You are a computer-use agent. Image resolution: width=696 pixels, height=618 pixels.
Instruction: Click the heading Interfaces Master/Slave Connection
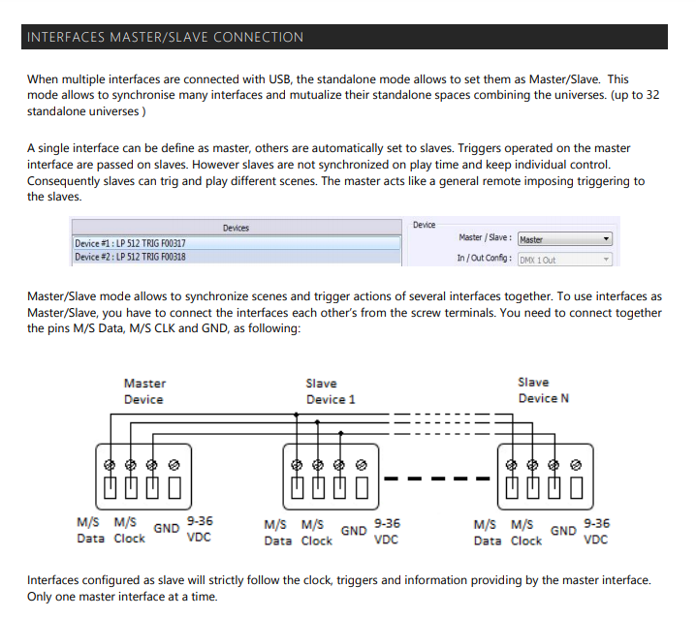pos(165,37)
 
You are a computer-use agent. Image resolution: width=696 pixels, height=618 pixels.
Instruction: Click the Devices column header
pos(236,229)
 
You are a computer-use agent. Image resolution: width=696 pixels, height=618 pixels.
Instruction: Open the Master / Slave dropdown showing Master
pos(565,239)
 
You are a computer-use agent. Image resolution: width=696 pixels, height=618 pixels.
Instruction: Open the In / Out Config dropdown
pos(565,260)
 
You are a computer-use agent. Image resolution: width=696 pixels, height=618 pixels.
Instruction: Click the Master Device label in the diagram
pos(143,391)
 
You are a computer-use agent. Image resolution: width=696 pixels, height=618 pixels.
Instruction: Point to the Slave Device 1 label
pos(331,391)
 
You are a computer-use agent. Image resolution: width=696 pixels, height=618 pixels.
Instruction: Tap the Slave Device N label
pos(543,389)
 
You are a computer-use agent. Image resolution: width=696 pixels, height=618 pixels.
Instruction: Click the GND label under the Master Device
pos(167,529)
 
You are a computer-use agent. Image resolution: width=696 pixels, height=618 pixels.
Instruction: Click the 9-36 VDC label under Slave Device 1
pos(386,531)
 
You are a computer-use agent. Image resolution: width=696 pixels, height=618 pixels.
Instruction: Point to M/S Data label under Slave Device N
pos(489,532)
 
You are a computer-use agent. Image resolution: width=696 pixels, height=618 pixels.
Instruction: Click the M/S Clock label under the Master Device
pos(130,530)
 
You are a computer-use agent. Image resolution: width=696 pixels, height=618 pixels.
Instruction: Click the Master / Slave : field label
pos(486,237)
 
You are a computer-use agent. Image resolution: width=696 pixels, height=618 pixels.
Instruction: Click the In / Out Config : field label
pos(485,259)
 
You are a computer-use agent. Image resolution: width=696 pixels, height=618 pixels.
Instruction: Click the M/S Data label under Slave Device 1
pos(279,532)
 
